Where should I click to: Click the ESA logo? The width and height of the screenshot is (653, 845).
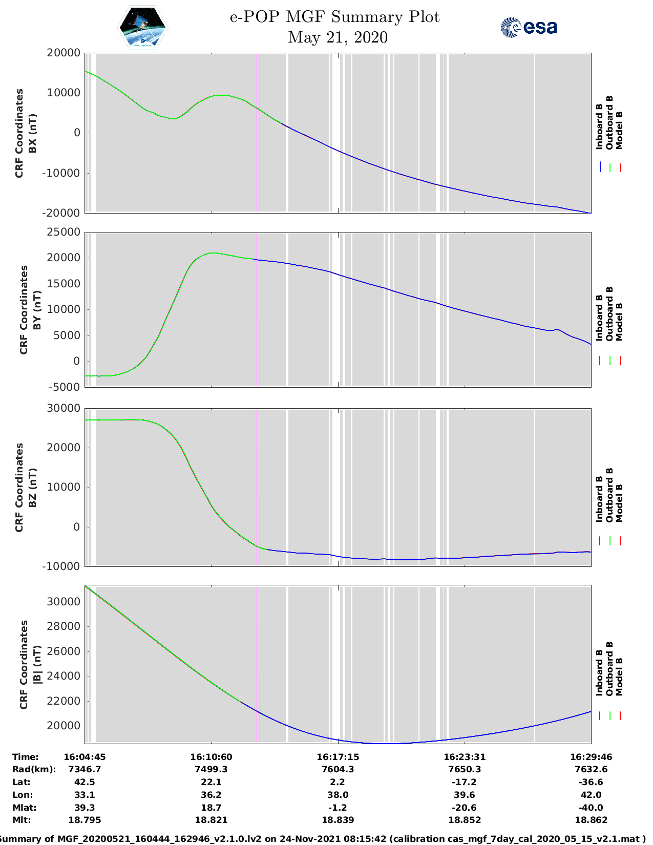coord(529,27)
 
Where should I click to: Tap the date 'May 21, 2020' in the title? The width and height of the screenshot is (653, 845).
coord(338,37)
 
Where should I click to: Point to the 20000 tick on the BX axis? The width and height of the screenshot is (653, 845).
coord(64,53)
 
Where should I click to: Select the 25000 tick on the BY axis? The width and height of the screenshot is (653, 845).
coord(64,232)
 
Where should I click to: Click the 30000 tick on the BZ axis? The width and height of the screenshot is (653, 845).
coord(64,408)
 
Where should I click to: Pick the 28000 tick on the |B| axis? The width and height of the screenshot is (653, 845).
coord(64,626)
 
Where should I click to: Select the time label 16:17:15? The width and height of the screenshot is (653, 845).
coord(338,757)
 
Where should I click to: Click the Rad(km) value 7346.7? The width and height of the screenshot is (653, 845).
coord(85,769)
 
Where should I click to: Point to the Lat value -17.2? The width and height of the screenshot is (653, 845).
coord(464,782)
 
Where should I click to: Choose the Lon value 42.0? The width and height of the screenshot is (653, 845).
coord(591,795)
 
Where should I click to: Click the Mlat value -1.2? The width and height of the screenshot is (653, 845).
coord(338,808)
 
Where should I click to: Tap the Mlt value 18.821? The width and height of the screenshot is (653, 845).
coord(211,820)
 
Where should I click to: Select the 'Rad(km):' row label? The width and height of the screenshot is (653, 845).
coord(34,769)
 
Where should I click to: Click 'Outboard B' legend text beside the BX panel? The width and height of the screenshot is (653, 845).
coord(609,123)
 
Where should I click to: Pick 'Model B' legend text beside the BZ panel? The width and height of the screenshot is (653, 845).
coord(619,503)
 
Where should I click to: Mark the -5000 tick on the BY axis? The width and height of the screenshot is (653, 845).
coord(64,387)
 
